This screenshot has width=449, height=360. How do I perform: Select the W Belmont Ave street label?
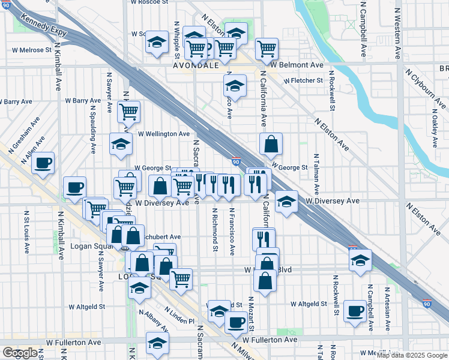[297, 64]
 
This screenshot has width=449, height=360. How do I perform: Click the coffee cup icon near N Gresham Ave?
[43, 163]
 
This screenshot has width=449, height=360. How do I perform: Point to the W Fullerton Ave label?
[74, 342]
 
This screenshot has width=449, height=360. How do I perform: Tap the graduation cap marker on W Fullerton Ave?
[157, 343]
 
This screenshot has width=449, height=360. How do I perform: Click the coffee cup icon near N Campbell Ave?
[355, 311]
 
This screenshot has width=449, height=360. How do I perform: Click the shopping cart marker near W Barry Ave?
[128, 110]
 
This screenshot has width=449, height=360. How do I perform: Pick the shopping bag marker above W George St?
[271, 143]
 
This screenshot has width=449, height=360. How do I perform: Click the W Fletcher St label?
[304, 80]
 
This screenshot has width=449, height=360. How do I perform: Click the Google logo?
[20, 353]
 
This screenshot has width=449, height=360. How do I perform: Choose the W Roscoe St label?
[149, 2]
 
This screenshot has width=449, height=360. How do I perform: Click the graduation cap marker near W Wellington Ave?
[121, 144]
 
